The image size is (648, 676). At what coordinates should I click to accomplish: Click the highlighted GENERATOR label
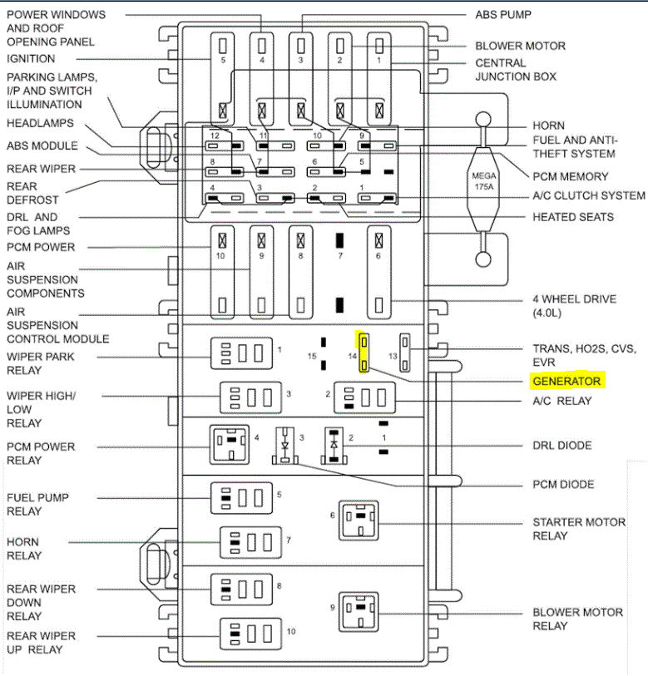pos(567,382)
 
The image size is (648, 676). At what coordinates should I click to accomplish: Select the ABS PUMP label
pos(503,14)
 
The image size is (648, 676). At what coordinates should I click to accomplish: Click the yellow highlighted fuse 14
pos(364,353)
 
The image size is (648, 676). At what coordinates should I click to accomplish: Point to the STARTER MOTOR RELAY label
pos(579,529)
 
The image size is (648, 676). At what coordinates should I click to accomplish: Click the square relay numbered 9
pos(359,612)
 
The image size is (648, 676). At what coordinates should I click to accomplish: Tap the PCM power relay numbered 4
pos(230,445)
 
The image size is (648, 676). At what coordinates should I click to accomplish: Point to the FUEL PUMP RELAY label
pos(37,504)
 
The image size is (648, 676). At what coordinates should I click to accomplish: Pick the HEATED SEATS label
pos(573,217)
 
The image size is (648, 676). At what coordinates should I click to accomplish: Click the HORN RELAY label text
pos(24,548)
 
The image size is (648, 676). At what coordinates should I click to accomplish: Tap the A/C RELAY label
pos(563,401)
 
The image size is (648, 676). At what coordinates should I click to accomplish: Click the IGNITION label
pos(31,59)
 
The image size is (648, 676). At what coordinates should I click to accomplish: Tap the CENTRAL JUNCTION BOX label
pos(516,70)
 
